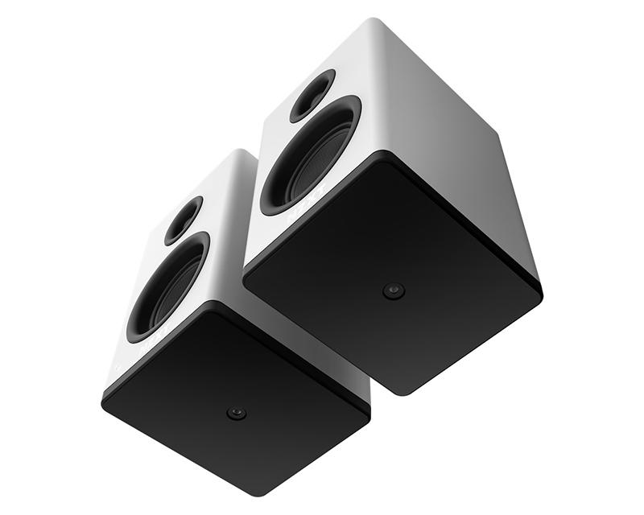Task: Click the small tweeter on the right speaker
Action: click(x=312, y=95)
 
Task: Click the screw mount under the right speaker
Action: click(x=394, y=291)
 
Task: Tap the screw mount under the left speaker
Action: click(x=236, y=414)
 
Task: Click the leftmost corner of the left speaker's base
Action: click(x=103, y=398)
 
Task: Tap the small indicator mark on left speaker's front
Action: click(x=118, y=371)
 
